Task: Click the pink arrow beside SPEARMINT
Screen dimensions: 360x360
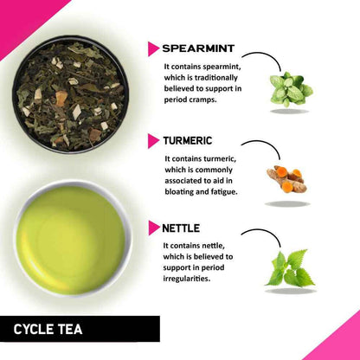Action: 153,48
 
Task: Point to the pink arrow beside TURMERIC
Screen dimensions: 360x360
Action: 153,140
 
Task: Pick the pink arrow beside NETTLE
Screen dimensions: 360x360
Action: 153,229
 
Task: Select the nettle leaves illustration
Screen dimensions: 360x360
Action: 290,269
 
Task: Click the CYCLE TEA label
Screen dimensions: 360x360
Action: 49,329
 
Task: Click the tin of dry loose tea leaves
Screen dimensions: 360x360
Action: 69,94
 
